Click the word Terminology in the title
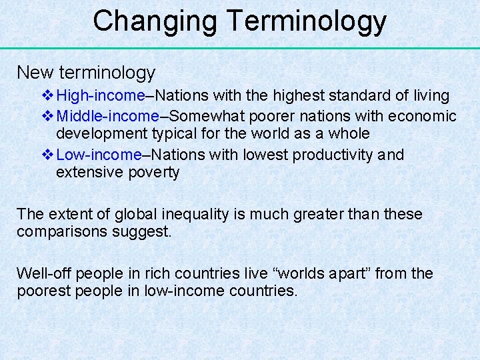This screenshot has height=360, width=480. [307, 21]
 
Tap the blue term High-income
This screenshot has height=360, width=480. [101, 97]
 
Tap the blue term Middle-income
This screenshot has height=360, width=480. [108, 116]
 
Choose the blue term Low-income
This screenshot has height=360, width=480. [99, 155]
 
